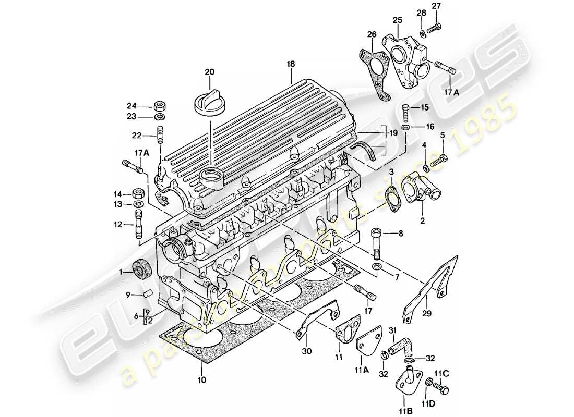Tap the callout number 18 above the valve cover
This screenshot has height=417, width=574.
pyautogui.click(x=291, y=64)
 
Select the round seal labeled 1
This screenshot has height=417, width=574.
pyautogui.click(x=141, y=269)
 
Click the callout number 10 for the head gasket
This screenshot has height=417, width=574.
pyautogui.click(x=202, y=380)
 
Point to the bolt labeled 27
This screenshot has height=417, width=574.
pyautogui.click(x=434, y=28)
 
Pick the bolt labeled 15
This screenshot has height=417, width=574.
pyautogui.click(x=406, y=112)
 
